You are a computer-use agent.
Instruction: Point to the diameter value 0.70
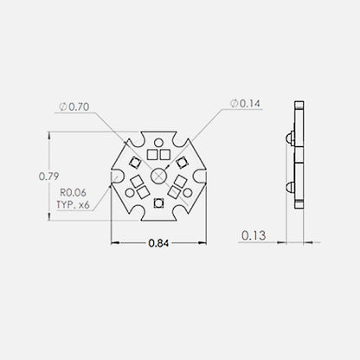point(80,106)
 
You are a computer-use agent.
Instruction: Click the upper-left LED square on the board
point(134,162)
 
